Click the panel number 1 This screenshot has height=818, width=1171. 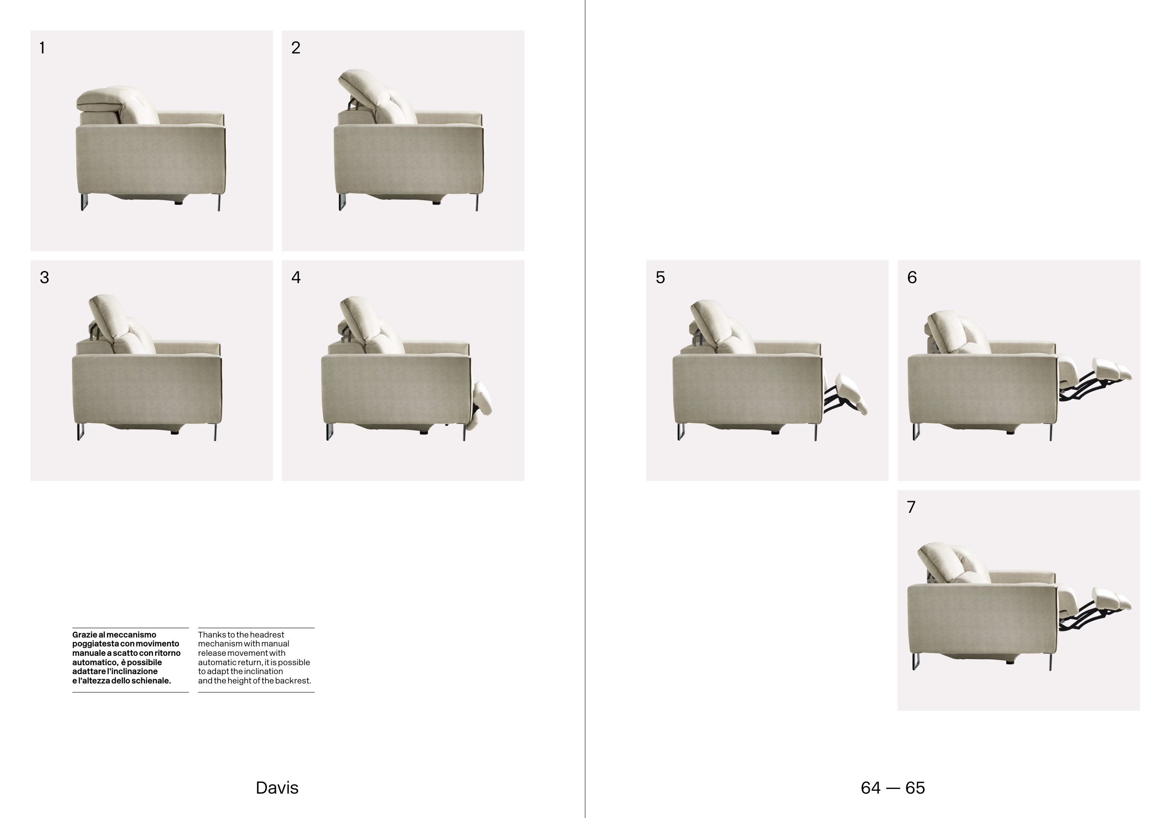42,48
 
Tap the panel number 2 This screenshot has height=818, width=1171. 296,48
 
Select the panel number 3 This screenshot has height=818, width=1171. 44,278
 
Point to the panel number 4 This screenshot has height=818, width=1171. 296,278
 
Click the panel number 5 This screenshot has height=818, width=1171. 660,278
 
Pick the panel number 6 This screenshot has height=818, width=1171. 912,278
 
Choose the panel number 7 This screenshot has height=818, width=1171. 912,507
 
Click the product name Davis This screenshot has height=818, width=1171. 277,788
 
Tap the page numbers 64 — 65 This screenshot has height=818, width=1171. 892,788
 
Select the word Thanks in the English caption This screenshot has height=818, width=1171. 211,635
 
